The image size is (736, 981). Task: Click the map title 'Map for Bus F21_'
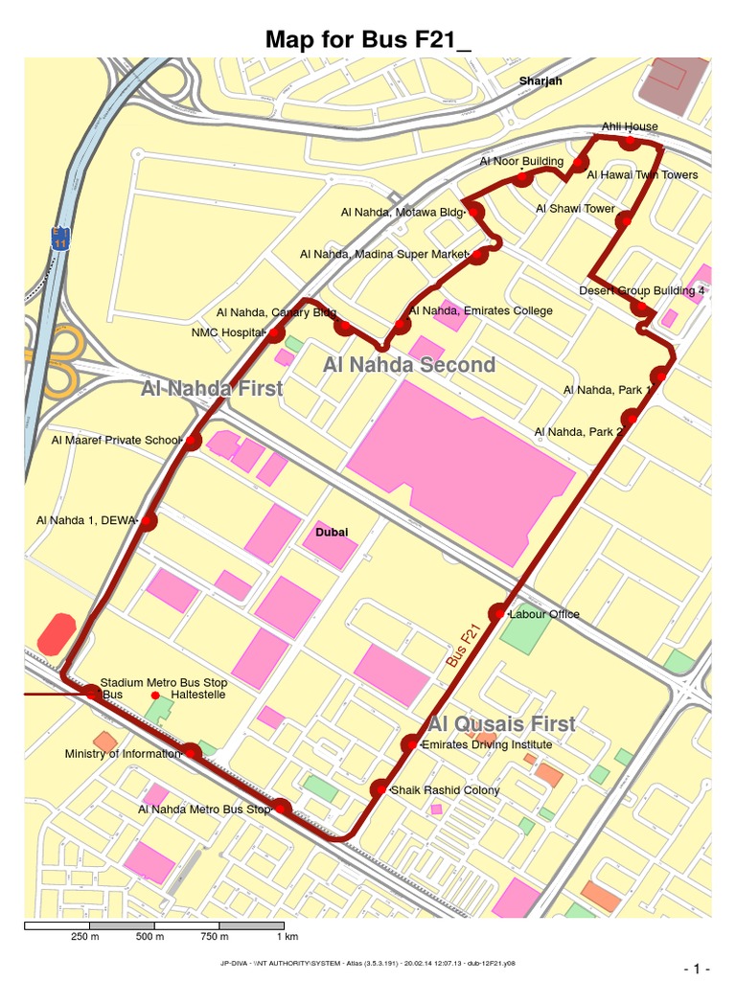368,39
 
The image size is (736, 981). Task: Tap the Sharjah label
540,81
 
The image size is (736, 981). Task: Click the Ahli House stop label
630,126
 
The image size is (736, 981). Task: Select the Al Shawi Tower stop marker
625,220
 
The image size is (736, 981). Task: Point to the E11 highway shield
60,239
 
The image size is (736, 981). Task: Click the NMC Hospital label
227,333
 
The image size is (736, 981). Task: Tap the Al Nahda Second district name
409,365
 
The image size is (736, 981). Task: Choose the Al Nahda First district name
212,389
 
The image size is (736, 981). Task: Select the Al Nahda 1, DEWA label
87,520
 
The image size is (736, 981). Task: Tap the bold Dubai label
333,533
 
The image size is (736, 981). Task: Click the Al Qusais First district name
502,724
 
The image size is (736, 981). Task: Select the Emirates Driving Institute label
487,744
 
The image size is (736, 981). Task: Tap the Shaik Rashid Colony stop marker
380,789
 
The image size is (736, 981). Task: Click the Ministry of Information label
122,754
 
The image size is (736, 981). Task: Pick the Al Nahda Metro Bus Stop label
204,810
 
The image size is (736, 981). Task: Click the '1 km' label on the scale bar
287,936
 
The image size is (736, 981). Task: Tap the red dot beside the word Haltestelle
155,695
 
